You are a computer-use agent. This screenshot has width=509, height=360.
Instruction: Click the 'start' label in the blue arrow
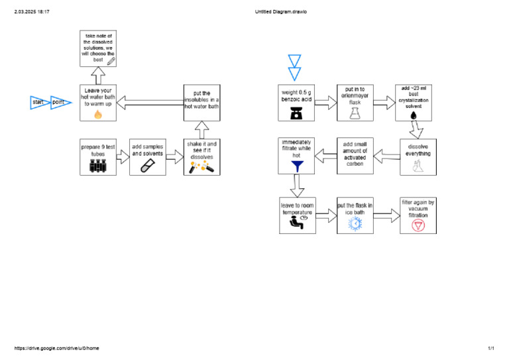(38, 102)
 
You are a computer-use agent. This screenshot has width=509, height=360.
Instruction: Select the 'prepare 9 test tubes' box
(98, 156)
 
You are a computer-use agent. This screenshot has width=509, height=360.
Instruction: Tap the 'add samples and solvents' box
(147, 156)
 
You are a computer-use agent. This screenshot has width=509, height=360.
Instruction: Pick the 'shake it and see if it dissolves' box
(201, 156)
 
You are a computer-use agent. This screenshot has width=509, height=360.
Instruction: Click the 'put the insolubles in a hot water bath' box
(201, 102)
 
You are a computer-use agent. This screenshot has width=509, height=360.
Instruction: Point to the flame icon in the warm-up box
(98, 114)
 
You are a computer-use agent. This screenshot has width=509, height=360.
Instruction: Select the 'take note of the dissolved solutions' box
(98, 48)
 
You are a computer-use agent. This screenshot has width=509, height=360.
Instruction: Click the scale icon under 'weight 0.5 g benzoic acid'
(296, 113)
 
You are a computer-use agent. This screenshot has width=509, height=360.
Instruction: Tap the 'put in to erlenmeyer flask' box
(355, 102)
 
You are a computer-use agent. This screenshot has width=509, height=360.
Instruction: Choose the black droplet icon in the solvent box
(414, 115)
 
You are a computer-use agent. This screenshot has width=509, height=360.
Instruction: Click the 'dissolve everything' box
(418, 156)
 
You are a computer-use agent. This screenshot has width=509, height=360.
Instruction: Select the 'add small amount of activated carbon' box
(355, 156)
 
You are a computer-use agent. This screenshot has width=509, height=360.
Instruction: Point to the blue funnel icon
(296, 167)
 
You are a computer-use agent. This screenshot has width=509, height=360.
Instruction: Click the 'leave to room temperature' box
(296, 215)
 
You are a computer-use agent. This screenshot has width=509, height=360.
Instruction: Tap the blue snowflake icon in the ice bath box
(355, 224)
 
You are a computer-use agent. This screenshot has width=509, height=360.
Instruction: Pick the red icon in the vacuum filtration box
(418, 225)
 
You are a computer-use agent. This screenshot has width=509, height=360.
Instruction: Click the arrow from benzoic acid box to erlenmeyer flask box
(325, 102)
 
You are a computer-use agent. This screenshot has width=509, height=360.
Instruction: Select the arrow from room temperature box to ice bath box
(325, 215)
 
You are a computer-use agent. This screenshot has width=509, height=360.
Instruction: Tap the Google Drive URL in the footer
(56, 348)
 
